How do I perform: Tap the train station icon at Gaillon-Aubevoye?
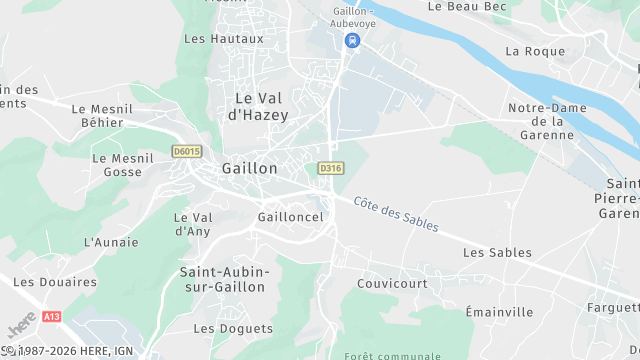tap(351, 41)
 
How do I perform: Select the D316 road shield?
tap(330, 169)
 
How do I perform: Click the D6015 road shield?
tap(186, 152)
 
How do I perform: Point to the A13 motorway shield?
tap(51, 316)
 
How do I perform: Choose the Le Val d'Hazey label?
tap(260, 107)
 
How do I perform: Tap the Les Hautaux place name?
tap(224, 39)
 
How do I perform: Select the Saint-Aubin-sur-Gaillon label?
tap(222, 279)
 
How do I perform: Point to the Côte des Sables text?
tap(396, 213)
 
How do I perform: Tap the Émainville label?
tap(499, 312)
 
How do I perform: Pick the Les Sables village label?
tap(497, 253)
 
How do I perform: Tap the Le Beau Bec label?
tap(462, 6)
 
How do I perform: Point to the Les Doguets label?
tap(233, 328)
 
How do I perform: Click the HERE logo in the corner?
tap(17, 328)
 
